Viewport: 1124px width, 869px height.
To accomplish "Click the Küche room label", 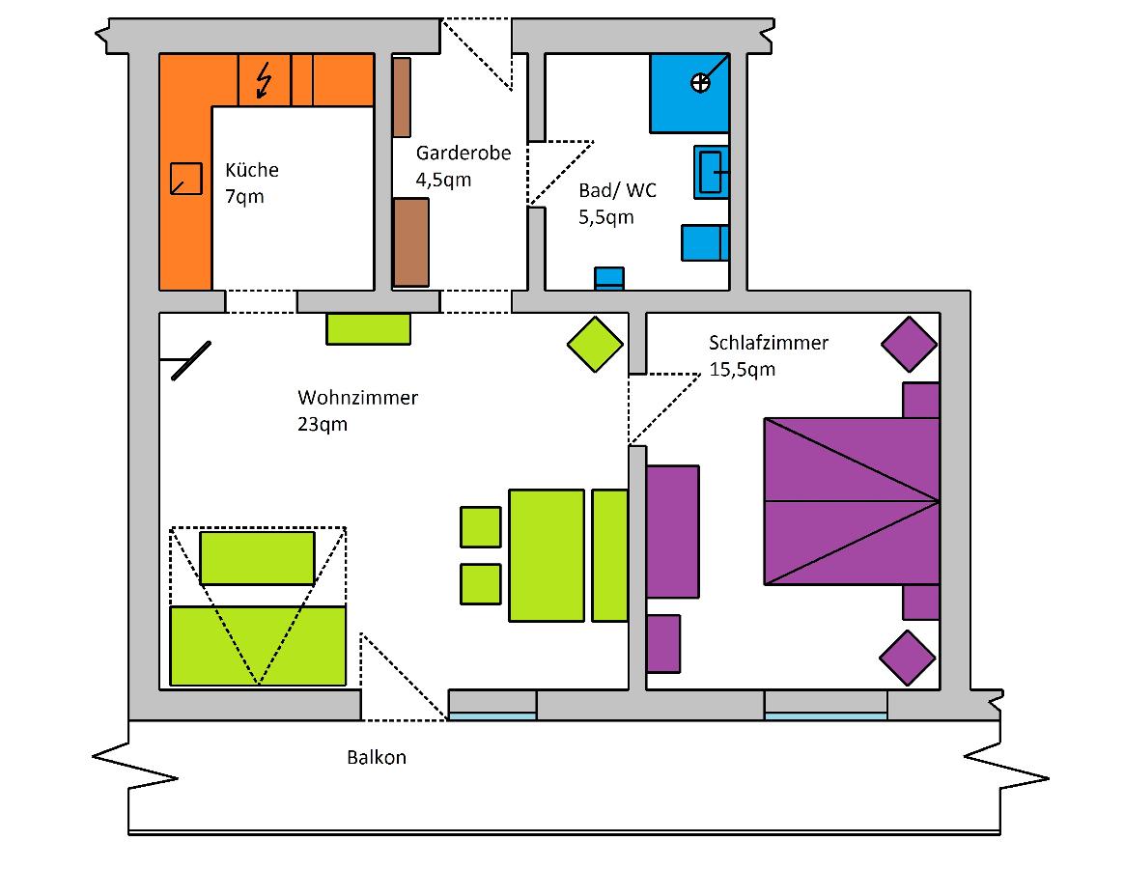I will [x=252, y=171].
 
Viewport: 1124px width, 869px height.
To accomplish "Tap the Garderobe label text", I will [x=464, y=154].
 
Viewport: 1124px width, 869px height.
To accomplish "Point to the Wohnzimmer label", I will [x=357, y=398].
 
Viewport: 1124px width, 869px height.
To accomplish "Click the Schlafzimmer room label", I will [x=769, y=343].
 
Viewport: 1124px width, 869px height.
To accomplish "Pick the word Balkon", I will [x=377, y=758].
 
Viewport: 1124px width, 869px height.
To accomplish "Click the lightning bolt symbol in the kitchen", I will [x=263, y=81].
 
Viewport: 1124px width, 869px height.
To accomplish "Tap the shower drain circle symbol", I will [x=700, y=82].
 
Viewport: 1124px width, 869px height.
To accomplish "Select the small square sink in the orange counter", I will [x=185, y=179].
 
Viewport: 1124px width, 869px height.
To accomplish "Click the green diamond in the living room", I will [x=595, y=345].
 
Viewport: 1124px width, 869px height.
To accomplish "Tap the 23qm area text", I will [x=323, y=424].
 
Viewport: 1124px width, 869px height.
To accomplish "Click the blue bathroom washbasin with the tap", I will [x=711, y=172].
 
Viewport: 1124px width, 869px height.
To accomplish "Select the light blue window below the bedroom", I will [x=826, y=716].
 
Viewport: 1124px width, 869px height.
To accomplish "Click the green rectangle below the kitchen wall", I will [x=369, y=328].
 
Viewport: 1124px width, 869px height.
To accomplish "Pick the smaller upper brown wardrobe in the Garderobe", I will [x=402, y=97].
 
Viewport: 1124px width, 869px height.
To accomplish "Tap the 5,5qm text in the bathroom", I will [x=606, y=217].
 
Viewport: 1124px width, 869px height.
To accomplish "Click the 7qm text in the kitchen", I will [x=244, y=197].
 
